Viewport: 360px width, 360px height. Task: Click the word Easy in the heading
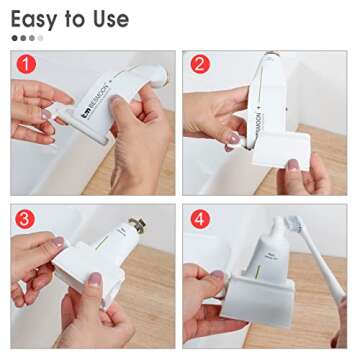click(35, 19)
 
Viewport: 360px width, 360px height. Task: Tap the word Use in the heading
click(107, 19)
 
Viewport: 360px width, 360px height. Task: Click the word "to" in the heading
click(73, 20)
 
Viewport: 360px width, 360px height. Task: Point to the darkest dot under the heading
click(15, 39)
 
